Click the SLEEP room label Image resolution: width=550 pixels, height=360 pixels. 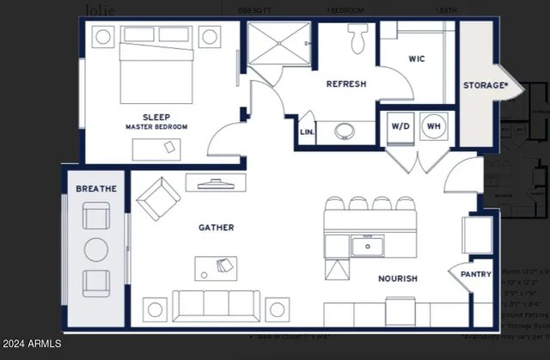[156, 117]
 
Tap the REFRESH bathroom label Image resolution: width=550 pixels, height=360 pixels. [346, 84]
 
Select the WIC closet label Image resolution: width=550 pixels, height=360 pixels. [416, 58]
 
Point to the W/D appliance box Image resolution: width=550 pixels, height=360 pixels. [400, 125]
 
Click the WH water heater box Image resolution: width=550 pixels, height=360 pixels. [435, 125]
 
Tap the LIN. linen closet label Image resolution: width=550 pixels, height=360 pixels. [307, 133]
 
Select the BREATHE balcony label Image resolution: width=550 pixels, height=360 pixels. [96, 188]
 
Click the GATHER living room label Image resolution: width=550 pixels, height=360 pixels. [216, 228]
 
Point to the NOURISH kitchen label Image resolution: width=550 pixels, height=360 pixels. [397, 278]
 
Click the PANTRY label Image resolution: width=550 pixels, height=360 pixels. [475, 275]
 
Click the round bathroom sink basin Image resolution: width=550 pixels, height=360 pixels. [346, 131]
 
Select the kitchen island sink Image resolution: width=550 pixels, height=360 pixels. [367, 247]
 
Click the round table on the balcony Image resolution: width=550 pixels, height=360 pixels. [96, 250]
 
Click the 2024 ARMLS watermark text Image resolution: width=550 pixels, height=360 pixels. [33, 344]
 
